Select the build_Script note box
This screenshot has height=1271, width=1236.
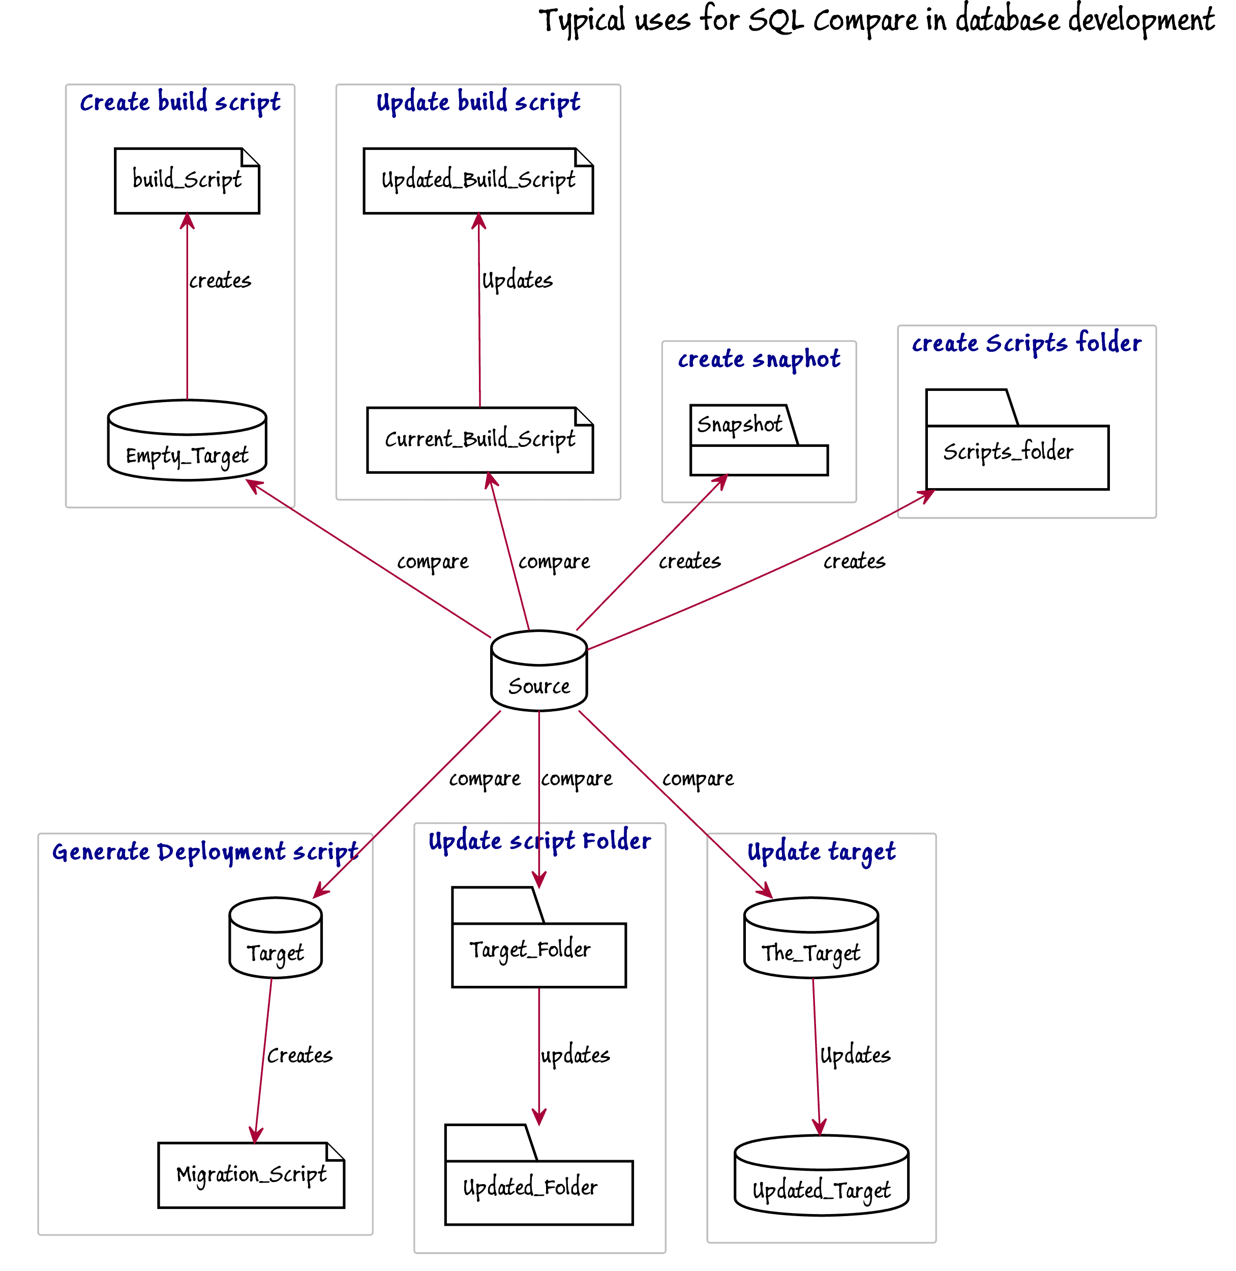tap(187, 180)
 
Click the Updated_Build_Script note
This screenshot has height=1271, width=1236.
tap(478, 180)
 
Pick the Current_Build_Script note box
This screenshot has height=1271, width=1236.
tap(480, 440)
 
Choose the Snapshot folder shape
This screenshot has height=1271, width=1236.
tap(758, 441)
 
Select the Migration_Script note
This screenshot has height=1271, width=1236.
tap(251, 1175)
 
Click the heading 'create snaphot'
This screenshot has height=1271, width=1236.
tap(759, 359)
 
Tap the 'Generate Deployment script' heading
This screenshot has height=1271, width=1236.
tap(205, 852)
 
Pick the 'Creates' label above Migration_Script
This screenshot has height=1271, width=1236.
tap(300, 1055)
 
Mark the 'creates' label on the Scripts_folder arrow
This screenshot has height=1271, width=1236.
tap(854, 561)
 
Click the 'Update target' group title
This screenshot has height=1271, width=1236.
tap(821, 852)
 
